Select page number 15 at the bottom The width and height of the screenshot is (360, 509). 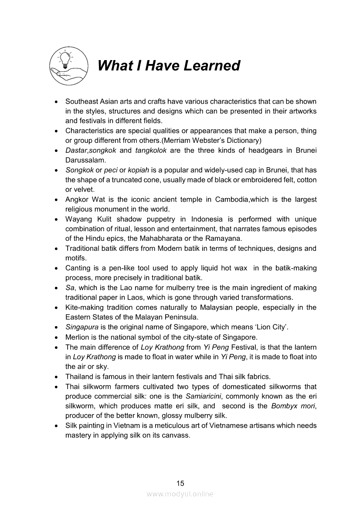point(180,483)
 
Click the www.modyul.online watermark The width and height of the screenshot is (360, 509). point(180,494)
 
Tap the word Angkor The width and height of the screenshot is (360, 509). point(77,199)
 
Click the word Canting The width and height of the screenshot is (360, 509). point(78,268)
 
